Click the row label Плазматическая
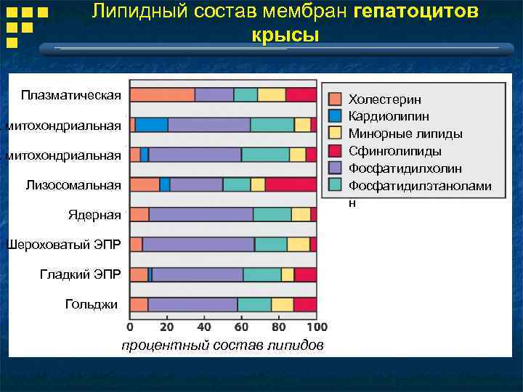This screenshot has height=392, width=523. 71,95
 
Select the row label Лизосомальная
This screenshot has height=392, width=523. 73,185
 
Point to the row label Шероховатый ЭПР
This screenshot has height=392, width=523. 63,244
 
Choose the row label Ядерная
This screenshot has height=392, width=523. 94,215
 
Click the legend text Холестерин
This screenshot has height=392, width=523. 384,99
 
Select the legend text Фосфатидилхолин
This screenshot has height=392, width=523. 405,168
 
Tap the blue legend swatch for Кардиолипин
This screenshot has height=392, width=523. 335,116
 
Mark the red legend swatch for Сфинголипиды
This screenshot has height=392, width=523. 335,151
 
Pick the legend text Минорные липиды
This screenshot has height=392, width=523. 405,134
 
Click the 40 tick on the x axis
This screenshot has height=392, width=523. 205,327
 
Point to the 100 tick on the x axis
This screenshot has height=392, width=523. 317,327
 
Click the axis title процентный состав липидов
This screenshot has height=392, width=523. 222,345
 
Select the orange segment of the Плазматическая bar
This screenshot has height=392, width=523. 162,95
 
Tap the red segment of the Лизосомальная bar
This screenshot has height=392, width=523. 291,184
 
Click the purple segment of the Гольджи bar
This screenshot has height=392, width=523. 192,304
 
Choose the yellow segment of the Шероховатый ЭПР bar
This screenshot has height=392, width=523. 298,244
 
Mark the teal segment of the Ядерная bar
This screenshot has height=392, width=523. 272,214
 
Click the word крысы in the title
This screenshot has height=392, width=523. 285,35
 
